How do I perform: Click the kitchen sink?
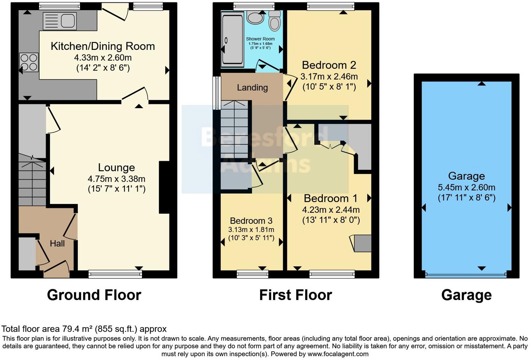pos(60,21)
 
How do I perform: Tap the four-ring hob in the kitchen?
pos(29,62)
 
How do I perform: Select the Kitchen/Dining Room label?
pos(103,46)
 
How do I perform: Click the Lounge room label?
pos(116,167)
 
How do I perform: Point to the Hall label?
pos(57,243)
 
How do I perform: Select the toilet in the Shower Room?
pos(275,21)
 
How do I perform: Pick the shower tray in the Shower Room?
pos(233,39)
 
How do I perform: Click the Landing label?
pos(252,88)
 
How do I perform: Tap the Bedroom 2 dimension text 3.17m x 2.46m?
pos(329,76)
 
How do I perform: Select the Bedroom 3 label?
pos(251,221)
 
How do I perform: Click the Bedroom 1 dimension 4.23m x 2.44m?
pos(331,210)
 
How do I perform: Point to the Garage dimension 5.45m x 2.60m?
pos(466,187)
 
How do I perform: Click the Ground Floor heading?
pos(94,295)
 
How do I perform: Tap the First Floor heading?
pos(295,295)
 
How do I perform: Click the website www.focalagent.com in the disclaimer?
pos(337,354)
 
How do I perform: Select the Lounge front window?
pos(115,274)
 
